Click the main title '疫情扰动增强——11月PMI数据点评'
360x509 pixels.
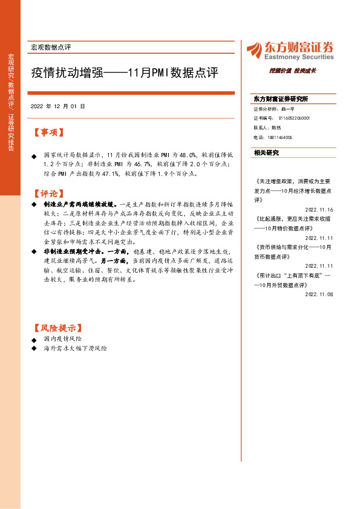pos(125,73)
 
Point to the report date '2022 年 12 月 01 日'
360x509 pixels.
pos(58,106)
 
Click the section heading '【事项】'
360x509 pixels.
pos(48,132)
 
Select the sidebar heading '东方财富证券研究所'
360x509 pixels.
pos(281,98)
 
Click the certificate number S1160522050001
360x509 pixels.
pos(294,118)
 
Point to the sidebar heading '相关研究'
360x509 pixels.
pos(266,153)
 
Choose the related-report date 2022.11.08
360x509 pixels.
pos(319,294)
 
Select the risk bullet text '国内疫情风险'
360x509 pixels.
pos(63,340)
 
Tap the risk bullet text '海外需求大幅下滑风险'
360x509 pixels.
pos(75,349)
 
